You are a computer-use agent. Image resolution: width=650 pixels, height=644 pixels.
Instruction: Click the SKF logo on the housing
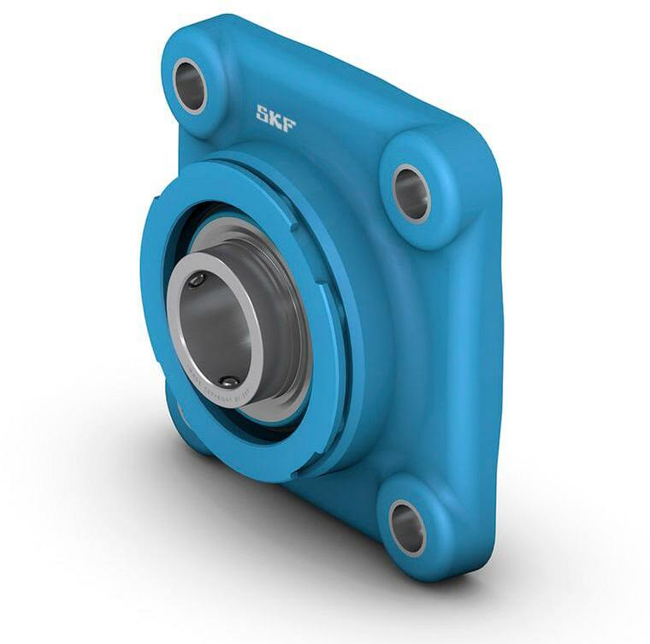point(276,118)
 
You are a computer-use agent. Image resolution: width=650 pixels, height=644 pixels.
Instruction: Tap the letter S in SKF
point(263,113)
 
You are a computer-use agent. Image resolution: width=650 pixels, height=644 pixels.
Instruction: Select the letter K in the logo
point(275,118)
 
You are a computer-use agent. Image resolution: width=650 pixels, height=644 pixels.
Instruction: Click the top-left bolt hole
point(190,85)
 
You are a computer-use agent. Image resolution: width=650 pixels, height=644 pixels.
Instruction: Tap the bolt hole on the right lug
point(411,193)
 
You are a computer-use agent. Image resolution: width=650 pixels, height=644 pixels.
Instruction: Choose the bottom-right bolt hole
point(407,527)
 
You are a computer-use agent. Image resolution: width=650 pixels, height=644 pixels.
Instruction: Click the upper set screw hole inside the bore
point(197,280)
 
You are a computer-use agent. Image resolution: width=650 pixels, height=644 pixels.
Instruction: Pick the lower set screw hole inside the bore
point(228,381)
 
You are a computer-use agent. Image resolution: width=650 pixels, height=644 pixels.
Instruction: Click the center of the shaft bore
point(214,329)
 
